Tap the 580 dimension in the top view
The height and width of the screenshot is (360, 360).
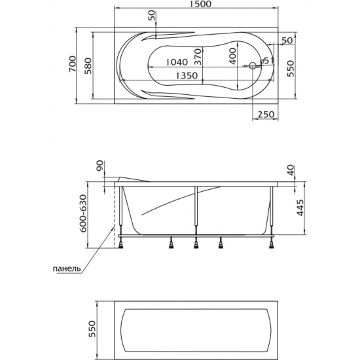(88, 65)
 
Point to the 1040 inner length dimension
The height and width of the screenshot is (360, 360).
(177, 62)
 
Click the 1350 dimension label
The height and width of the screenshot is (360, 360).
(187, 75)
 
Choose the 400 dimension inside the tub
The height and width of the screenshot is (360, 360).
(232, 56)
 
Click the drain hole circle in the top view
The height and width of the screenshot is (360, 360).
(252, 66)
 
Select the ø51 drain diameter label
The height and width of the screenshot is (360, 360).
(266, 61)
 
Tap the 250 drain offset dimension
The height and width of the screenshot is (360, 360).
(266, 114)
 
